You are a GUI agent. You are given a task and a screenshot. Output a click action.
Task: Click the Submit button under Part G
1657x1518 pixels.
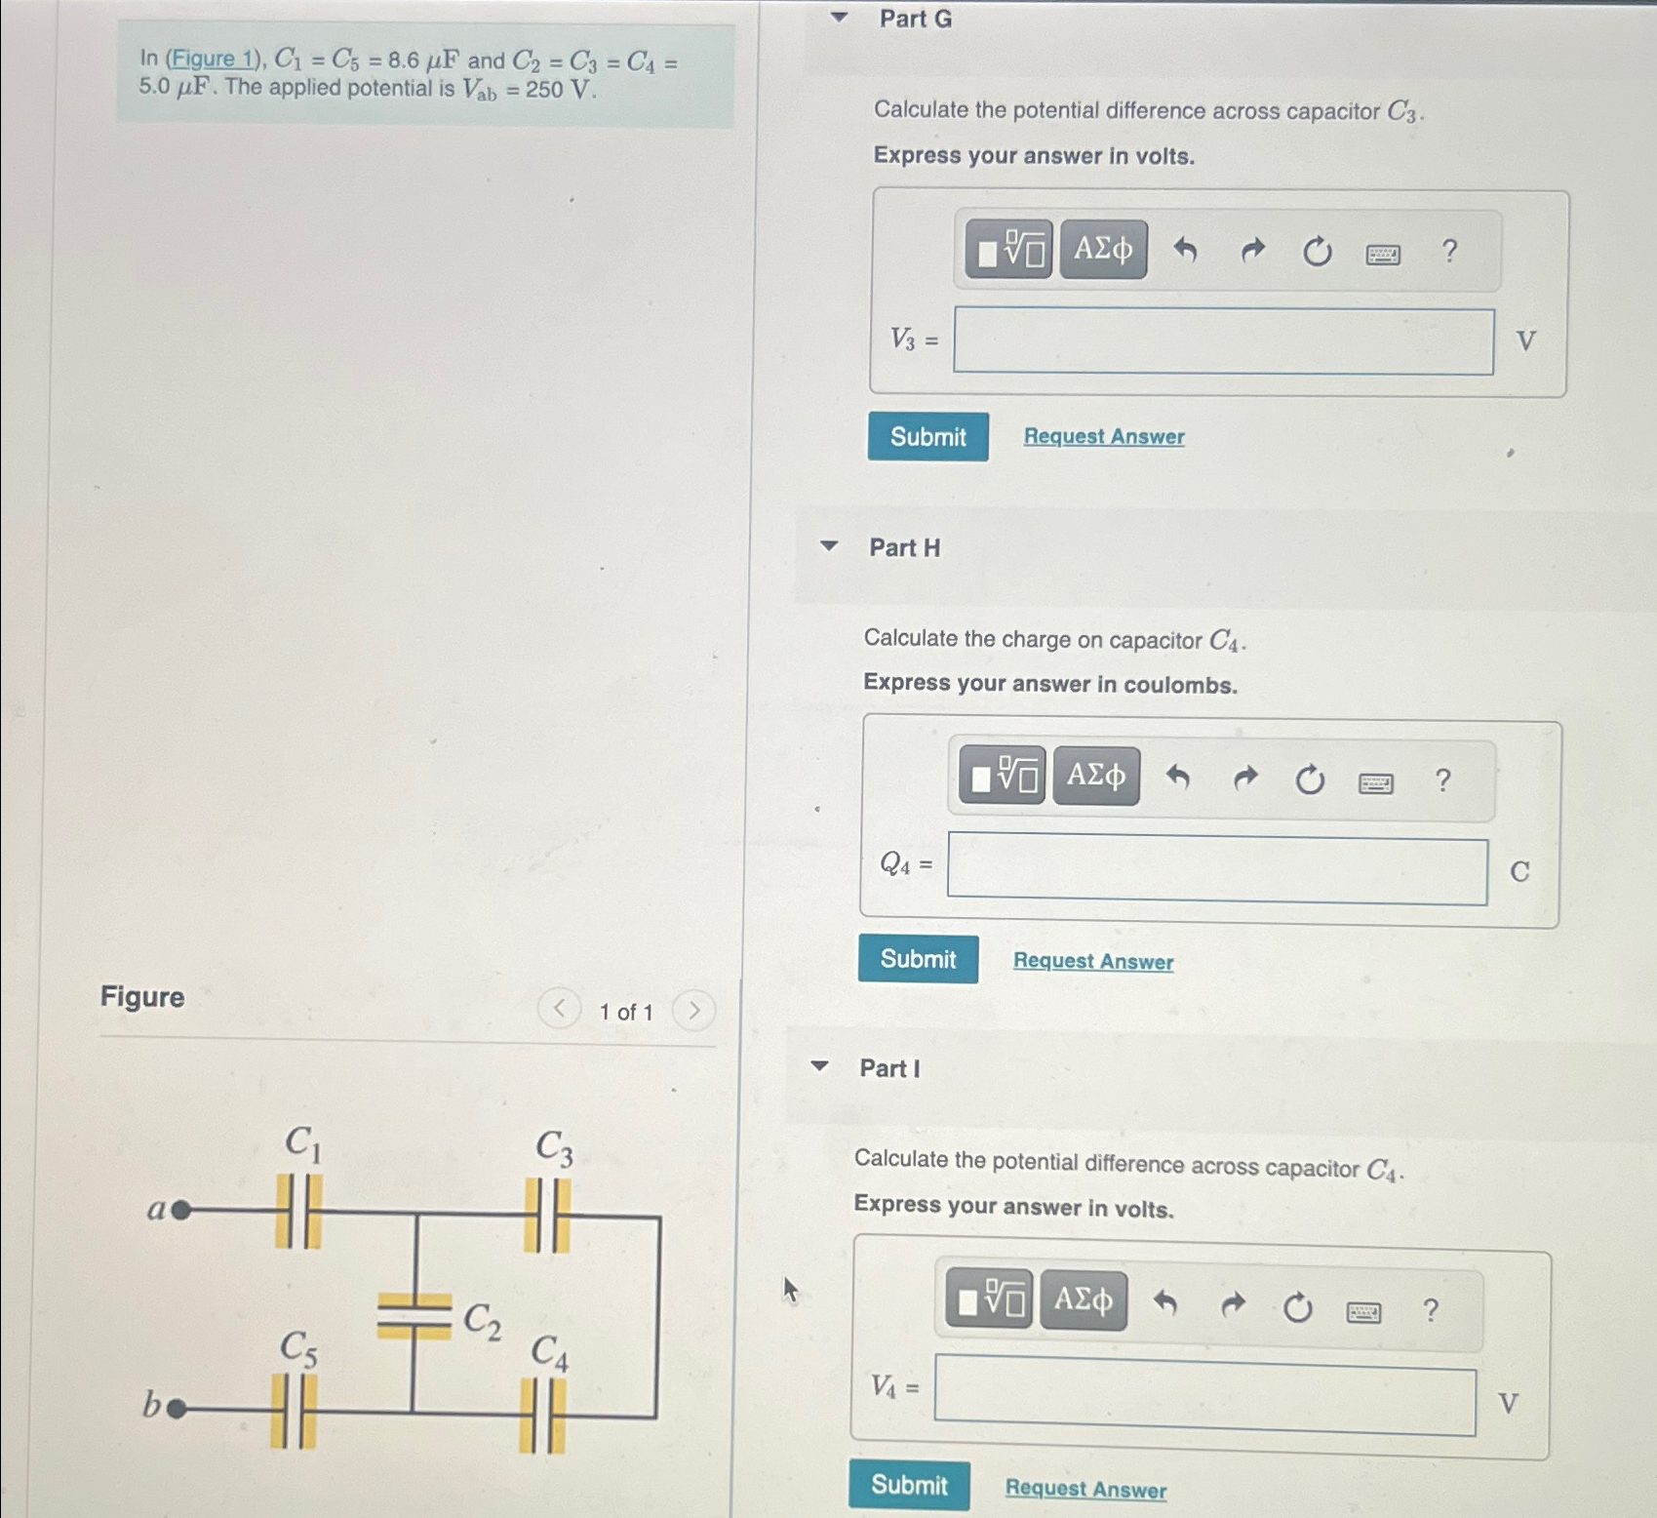coord(927,436)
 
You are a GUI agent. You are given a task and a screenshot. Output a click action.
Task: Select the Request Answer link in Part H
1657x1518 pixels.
coord(1092,961)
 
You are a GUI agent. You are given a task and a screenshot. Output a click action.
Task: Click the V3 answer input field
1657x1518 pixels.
coord(1223,341)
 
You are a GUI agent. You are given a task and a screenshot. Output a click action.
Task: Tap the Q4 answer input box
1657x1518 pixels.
coord(1216,870)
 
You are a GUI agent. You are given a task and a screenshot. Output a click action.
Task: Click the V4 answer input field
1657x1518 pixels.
coord(1204,1401)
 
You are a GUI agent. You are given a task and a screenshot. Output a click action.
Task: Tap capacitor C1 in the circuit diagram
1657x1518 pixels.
coord(298,1211)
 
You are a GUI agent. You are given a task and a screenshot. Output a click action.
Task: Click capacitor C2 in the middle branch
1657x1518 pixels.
coord(414,1315)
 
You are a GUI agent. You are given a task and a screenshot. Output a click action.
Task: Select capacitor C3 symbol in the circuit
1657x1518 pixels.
coord(547,1216)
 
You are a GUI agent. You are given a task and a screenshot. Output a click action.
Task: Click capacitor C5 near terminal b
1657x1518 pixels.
coord(294,1411)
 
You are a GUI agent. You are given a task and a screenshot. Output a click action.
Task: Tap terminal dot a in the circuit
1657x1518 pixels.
coord(180,1211)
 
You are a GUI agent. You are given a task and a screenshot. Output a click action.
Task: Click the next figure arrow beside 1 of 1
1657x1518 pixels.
coord(693,1010)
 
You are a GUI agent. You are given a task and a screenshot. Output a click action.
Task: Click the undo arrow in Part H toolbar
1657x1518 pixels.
coord(1178,779)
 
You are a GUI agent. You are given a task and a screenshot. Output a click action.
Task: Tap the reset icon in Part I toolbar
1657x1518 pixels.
coord(1297,1307)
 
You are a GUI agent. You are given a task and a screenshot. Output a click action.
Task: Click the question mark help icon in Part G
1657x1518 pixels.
coord(1449,252)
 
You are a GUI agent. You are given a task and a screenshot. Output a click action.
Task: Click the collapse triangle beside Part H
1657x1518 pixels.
coord(829,546)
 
